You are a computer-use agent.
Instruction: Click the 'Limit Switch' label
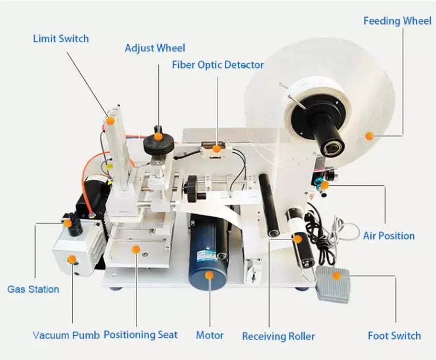[61, 39]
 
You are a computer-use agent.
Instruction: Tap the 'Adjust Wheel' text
[155, 48]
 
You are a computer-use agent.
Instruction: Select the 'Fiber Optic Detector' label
[217, 65]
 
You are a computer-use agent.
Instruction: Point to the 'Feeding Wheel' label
[397, 21]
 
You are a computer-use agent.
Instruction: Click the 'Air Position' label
[389, 236]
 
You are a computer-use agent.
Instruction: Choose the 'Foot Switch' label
[394, 335]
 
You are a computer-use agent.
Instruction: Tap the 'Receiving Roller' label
[278, 336]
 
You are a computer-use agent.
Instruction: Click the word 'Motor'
[209, 335]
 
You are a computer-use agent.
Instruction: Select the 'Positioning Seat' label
[141, 335]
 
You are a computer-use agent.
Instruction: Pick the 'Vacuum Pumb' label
[66, 335]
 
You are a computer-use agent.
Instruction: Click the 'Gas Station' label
[33, 289]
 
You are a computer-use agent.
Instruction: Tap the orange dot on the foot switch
[336, 275]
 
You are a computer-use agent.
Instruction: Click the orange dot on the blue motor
[209, 275]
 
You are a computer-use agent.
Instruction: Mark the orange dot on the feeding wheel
[369, 136]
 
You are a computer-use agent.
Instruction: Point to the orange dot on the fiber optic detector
[217, 149]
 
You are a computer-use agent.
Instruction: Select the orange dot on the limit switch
[110, 119]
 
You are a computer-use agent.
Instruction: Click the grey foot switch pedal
[332, 284]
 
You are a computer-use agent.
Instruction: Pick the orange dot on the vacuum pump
[71, 259]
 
